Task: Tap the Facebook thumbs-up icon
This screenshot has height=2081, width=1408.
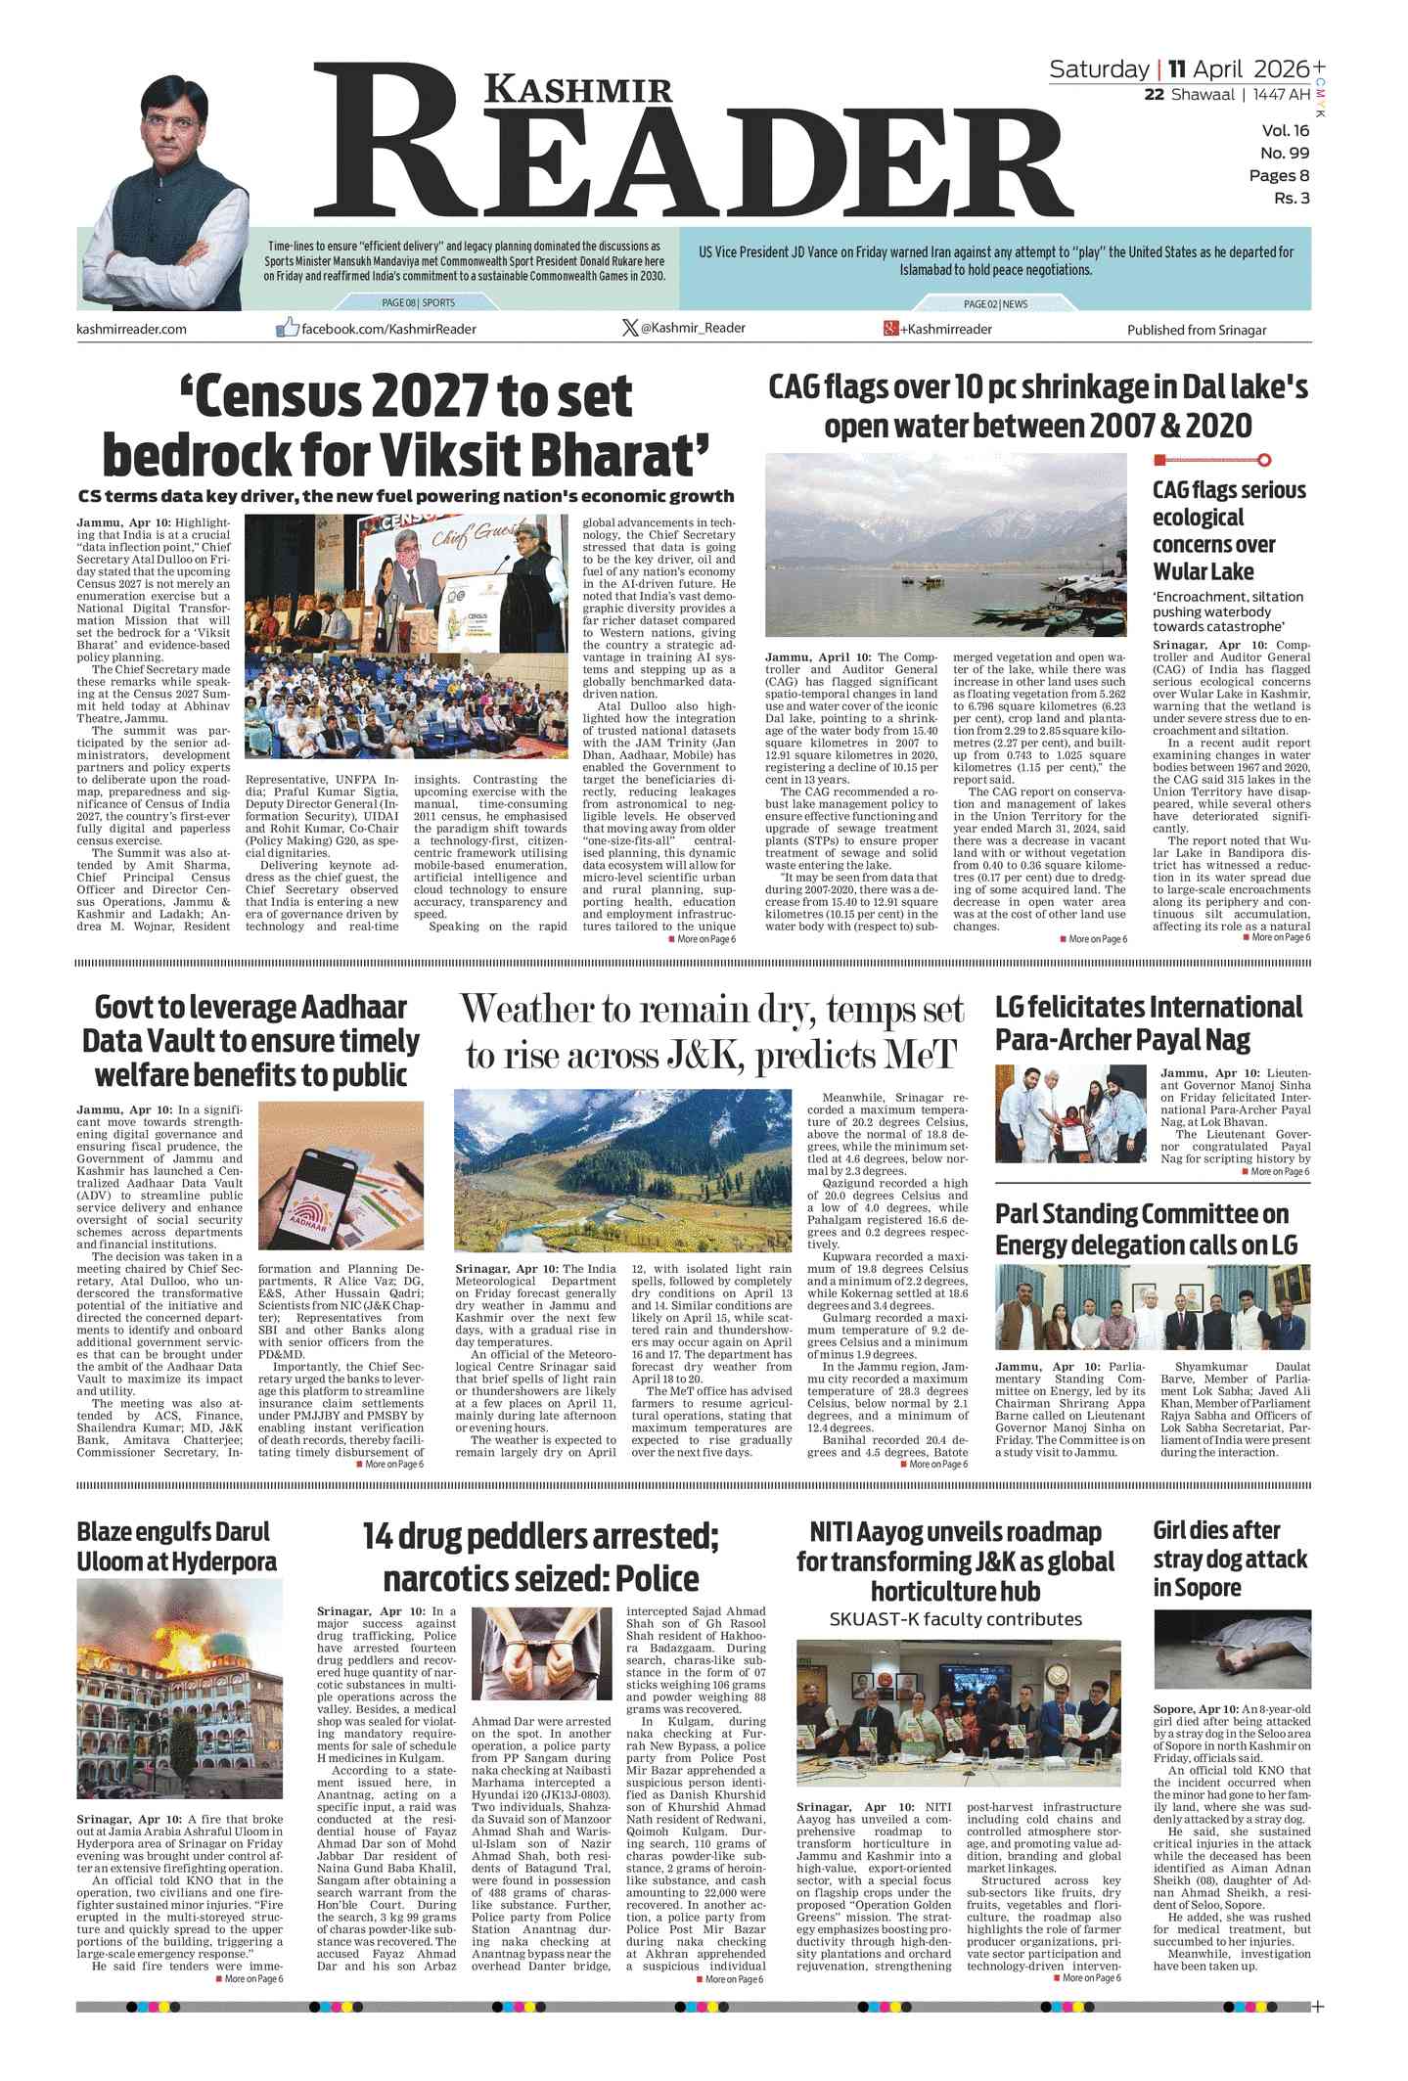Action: (x=287, y=328)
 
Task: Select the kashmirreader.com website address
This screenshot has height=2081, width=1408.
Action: (x=131, y=330)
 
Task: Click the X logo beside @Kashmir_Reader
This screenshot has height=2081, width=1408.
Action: (x=630, y=328)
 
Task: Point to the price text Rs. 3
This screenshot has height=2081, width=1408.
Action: (x=1291, y=199)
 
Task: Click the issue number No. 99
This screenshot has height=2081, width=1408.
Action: (x=1284, y=153)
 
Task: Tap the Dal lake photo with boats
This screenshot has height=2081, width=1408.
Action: (x=946, y=545)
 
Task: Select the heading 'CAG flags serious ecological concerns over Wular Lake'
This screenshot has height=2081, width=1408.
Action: (x=1228, y=530)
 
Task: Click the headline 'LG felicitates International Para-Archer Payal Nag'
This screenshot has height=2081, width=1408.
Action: (x=1148, y=1022)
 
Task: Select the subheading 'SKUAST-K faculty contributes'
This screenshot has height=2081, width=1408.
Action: (x=955, y=1619)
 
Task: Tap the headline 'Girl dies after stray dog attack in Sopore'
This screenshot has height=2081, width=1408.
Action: (x=1230, y=1559)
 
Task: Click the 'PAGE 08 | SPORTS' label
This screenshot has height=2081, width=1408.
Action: (x=418, y=303)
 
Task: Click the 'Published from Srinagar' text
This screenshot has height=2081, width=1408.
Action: (x=1196, y=330)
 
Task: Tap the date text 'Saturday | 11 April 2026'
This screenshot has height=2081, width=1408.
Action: (x=1178, y=69)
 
